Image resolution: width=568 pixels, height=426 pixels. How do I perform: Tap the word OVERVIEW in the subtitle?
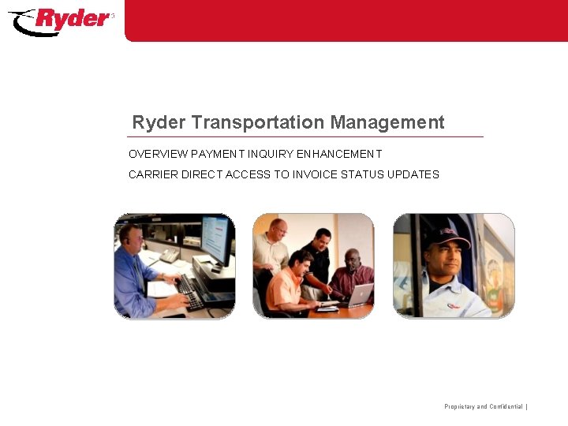click(x=158, y=154)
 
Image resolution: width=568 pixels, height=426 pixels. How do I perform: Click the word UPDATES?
click(x=413, y=174)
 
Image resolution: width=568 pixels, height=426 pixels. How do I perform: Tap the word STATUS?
click(x=362, y=174)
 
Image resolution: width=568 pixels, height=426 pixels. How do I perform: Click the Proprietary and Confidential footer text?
click(x=484, y=406)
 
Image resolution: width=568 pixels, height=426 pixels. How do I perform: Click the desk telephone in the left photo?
click(x=170, y=255)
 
